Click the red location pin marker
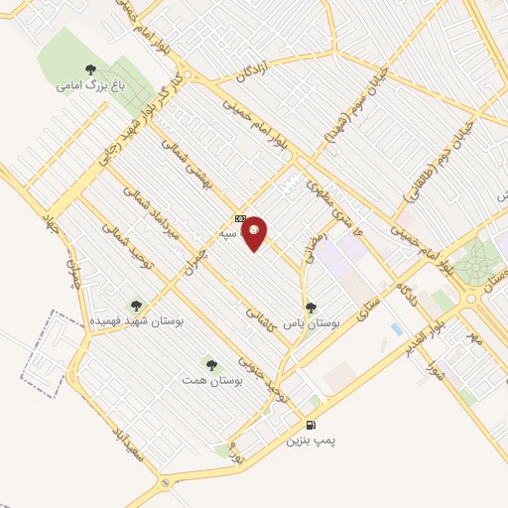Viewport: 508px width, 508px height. (x=255, y=232)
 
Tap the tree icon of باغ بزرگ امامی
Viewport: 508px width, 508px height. (x=91, y=69)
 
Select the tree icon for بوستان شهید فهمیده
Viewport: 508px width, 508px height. (x=136, y=306)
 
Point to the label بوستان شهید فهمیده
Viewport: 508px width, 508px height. (x=136, y=322)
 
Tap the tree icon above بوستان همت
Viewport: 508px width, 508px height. (x=208, y=364)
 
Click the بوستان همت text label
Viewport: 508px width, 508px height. (x=208, y=380)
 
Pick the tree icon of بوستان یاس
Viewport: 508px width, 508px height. (x=312, y=308)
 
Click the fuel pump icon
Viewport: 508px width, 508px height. (x=297, y=425)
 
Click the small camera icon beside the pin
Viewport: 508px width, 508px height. (x=239, y=218)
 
